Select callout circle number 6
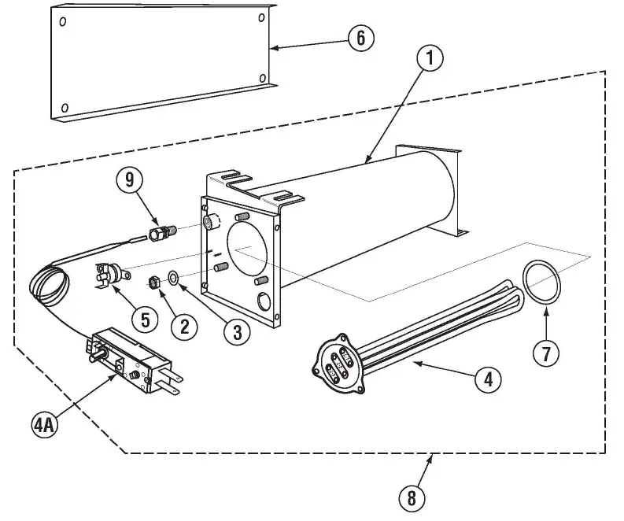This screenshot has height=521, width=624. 360,38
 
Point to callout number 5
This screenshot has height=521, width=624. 145,318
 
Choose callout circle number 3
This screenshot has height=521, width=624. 237,331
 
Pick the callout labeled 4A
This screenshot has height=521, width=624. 44,425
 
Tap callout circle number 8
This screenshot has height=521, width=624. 411,497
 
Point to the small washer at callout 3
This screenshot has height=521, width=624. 173,278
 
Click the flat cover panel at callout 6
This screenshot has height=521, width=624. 157,63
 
